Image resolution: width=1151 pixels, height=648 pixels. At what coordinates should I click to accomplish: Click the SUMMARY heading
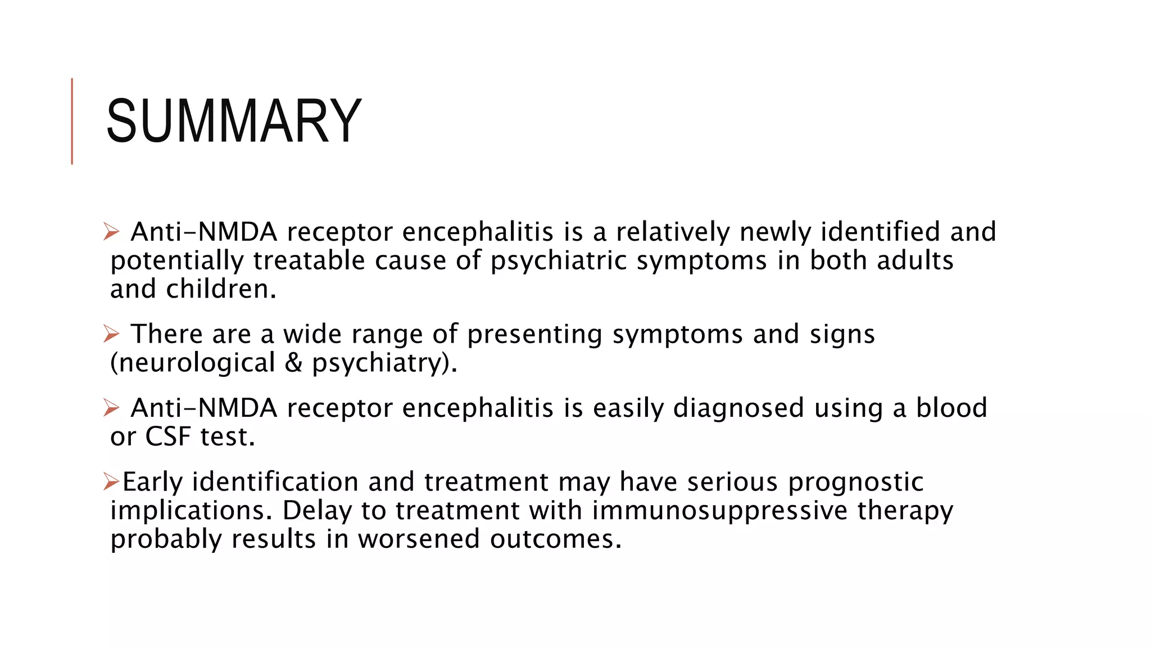click(234, 121)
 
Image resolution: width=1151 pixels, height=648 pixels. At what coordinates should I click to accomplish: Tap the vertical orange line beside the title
click(72, 121)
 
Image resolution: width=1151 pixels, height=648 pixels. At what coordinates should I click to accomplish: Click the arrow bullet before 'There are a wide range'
click(111, 334)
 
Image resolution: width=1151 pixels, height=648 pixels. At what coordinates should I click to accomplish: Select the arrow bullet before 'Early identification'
click(111, 481)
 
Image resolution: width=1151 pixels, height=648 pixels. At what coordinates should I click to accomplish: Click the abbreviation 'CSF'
click(168, 436)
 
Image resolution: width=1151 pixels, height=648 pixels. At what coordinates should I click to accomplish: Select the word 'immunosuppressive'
click(719, 511)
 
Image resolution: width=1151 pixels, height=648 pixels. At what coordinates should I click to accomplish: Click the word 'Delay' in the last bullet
click(316, 511)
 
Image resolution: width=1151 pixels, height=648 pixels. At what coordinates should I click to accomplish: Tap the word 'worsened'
click(419, 539)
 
